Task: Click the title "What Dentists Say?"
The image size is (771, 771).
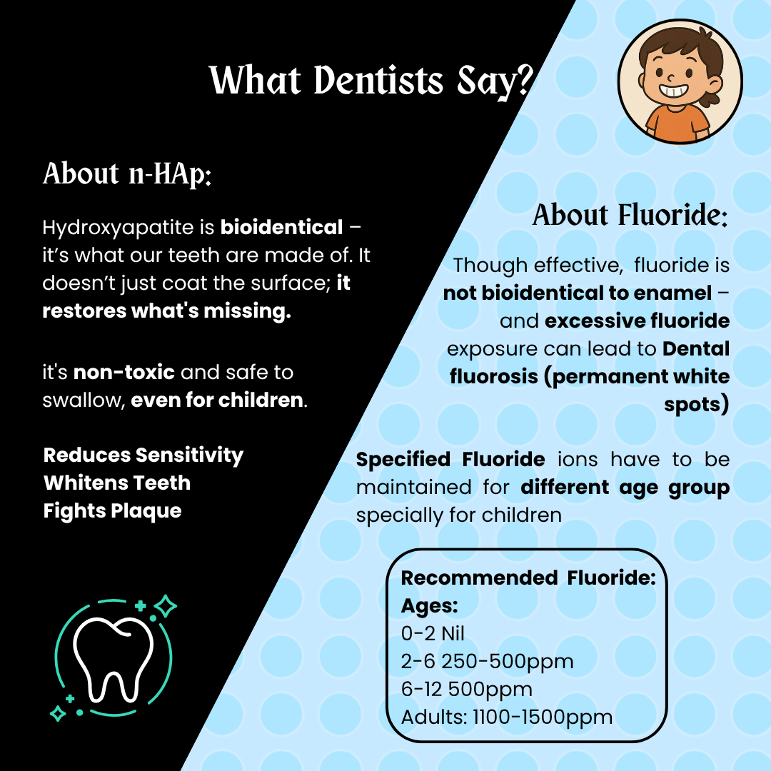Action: pos(371,80)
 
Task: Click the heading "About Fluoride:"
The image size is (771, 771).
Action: pos(630,216)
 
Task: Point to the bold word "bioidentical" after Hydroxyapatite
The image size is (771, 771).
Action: pos(281,228)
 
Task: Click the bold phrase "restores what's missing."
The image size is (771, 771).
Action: pos(167,312)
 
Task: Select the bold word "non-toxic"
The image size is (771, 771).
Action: pos(124,372)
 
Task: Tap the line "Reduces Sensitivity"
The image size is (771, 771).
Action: pos(143,455)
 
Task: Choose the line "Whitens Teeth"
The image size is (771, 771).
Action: pos(117,483)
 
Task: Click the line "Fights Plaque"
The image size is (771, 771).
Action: pos(113,511)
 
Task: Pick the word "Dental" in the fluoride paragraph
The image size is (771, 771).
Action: pos(695,349)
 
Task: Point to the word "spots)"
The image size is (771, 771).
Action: pos(696,405)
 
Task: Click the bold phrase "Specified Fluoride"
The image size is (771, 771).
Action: pos(450,459)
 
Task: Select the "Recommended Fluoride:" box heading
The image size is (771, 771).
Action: pos(528,577)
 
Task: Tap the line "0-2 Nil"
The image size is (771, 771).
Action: pos(433,633)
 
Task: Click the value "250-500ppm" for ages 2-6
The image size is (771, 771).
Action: pos(508,662)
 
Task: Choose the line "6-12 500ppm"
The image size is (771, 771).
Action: pos(467,690)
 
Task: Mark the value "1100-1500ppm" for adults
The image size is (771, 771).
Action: pos(543,717)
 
